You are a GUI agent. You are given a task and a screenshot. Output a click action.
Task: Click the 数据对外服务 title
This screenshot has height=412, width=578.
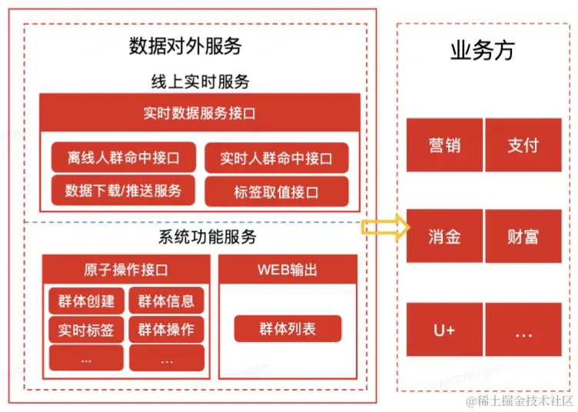(x=185, y=47)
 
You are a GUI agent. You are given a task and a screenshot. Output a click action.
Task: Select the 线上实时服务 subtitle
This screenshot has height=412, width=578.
(x=200, y=81)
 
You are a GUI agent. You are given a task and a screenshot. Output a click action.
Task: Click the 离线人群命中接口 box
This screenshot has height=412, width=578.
(x=123, y=158)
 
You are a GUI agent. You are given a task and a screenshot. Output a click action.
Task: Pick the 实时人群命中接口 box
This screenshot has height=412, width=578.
(x=277, y=158)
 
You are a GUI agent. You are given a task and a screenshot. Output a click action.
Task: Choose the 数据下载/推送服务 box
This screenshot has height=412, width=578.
(x=123, y=191)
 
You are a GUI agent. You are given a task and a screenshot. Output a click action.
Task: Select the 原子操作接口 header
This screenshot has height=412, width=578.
(x=126, y=270)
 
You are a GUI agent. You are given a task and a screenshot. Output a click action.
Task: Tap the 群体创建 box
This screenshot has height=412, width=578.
(x=86, y=301)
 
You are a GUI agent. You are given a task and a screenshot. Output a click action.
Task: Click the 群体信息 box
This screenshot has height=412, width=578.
(x=166, y=301)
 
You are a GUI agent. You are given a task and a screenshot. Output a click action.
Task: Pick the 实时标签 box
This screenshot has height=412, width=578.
(x=86, y=330)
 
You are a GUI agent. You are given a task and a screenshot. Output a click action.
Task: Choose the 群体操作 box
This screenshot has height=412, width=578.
(x=166, y=330)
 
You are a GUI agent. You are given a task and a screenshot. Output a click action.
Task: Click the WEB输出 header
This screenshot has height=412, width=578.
(x=287, y=270)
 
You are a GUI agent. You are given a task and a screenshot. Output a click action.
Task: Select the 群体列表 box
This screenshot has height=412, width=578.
(x=287, y=329)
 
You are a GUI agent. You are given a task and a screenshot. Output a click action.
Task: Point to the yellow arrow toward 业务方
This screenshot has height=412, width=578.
(x=385, y=227)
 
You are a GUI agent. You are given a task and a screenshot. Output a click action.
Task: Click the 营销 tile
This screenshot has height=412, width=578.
(x=444, y=145)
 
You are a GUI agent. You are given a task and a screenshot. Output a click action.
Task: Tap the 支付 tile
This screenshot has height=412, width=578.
(x=523, y=145)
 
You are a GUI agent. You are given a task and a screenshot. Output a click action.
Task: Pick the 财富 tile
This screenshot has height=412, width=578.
(x=523, y=236)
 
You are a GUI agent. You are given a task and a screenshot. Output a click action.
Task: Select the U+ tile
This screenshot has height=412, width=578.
(x=444, y=330)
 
